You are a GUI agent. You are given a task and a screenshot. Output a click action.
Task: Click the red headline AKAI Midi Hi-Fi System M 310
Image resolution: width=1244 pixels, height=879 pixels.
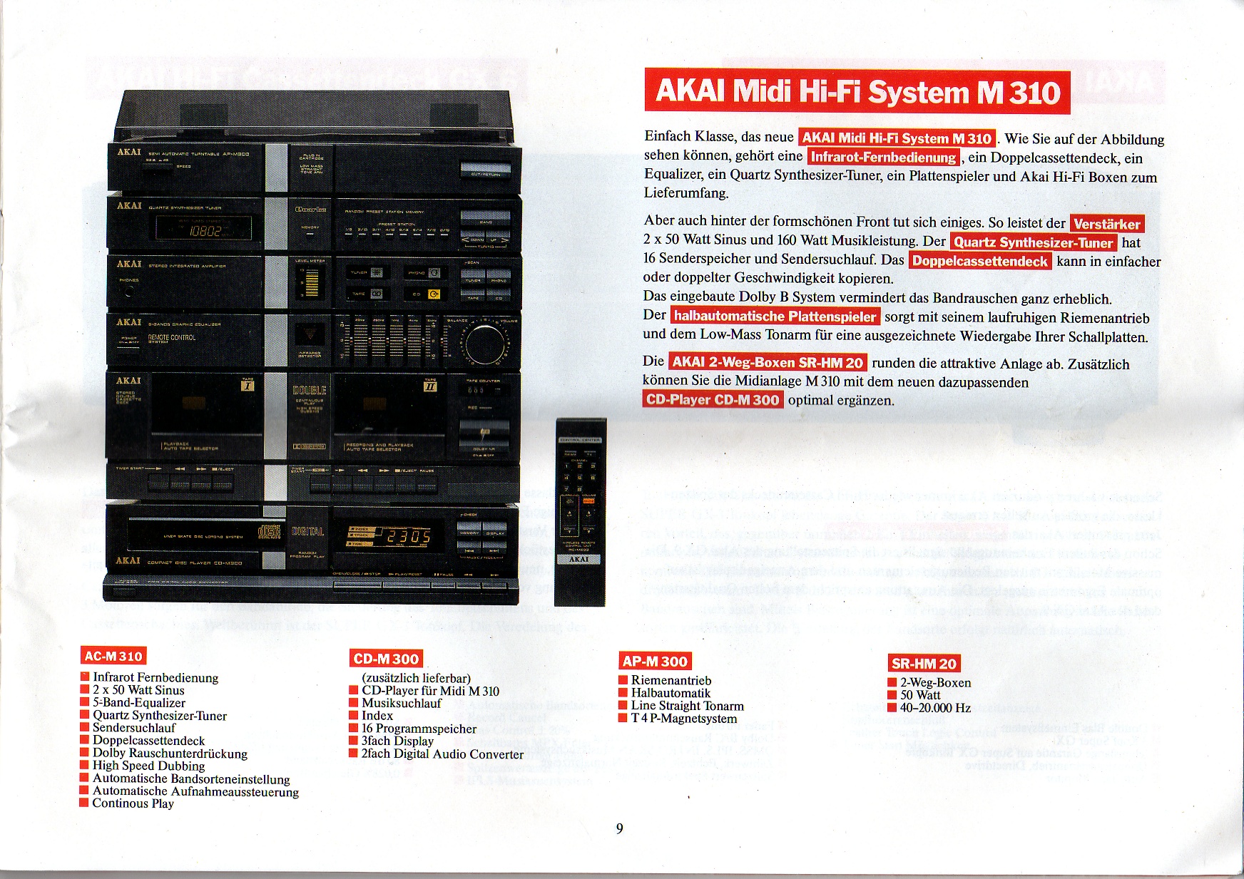pos(857,92)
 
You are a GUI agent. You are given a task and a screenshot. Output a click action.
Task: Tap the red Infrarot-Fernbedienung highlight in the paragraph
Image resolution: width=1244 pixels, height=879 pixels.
pos(884,158)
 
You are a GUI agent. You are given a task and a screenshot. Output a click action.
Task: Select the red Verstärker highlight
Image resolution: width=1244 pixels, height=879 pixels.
pos(1106,224)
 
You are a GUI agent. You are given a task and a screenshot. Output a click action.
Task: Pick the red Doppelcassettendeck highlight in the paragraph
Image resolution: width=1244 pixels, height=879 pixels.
pos(980,261)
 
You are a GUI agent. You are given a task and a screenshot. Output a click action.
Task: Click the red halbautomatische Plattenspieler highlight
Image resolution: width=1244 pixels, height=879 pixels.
pos(775,316)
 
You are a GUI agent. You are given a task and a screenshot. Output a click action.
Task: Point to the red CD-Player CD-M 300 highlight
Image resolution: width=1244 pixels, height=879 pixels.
pos(712,400)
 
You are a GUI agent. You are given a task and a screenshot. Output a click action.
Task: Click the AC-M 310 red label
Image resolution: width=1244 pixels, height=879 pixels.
pos(113,656)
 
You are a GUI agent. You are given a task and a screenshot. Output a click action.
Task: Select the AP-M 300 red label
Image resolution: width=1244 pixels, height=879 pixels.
pos(655,661)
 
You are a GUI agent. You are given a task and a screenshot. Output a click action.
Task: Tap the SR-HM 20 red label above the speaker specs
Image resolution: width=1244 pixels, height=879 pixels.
pos(924,664)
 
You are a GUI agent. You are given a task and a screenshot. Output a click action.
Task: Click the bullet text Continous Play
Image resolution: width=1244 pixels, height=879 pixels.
pos(133,803)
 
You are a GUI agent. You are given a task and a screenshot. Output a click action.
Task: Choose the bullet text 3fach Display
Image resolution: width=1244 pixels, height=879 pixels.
pos(397,741)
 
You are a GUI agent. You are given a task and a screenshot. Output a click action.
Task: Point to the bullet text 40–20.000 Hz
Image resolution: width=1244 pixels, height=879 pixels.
pos(935,708)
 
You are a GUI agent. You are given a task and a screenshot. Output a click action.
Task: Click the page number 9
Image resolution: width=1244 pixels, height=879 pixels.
pos(619,828)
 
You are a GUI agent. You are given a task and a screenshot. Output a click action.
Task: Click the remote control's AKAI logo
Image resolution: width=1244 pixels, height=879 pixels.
pos(578,560)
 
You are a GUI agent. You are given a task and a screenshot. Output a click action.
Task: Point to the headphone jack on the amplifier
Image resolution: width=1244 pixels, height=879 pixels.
pos(129,292)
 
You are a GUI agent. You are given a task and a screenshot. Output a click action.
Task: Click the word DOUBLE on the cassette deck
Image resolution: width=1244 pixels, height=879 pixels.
pos(310,391)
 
